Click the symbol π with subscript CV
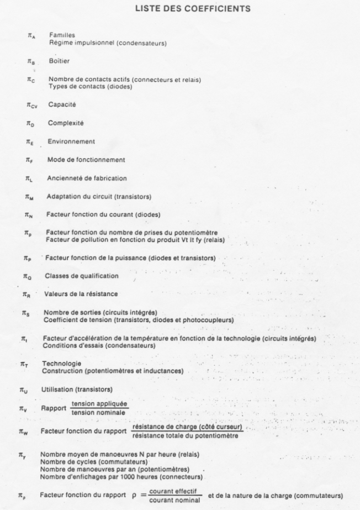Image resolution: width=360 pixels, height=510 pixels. point(31,105)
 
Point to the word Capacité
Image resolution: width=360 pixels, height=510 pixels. point(62,104)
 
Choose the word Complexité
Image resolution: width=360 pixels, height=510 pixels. point(65,123)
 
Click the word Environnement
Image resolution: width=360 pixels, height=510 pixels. point(71,141)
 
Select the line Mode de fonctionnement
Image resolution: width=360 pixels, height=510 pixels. point(85,160)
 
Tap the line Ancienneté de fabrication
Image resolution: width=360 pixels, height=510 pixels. point(87,178)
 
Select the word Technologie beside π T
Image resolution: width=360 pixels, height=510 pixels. point(61,364)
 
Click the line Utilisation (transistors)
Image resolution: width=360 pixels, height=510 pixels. point(77,390)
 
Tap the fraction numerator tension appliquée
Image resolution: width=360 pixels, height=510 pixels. point(100,404)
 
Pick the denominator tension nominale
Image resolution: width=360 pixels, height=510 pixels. point(100,412)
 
